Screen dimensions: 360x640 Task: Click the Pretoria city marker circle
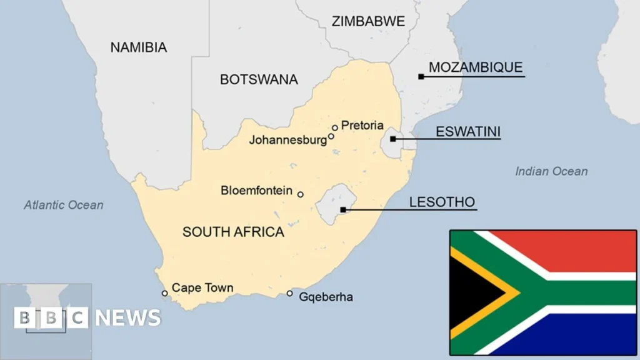[x=335, y=127]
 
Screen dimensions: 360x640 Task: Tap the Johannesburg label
[x=287, y=140]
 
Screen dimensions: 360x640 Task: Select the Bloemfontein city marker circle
[x=300, y=194]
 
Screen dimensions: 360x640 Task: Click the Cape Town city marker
[x=165, y=293]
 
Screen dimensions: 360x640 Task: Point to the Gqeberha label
[x=326, y=297]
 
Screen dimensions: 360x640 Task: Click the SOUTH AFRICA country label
[x=233, y=232]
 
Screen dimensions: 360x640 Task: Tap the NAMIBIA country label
[x=139, y=47]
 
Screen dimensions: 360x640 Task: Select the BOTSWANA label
[x=259, y=80]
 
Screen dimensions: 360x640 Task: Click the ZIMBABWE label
[x=368, y=21]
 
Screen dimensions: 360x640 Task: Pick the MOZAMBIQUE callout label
[x=476, y=67]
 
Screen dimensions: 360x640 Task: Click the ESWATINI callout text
[x=468, y=132]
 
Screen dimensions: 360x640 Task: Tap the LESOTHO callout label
[x=442, y=202]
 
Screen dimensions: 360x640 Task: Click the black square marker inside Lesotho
[x=342, y=209]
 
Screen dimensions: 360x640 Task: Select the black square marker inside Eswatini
[x=392, y=139]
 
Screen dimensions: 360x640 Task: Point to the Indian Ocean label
[x=551, y=171]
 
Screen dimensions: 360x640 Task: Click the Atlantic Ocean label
[x=64, y=205]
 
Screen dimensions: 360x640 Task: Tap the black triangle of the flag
[x=472, y=292]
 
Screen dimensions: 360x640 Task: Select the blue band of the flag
[x=581, y=334]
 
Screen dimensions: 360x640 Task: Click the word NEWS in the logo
[x=129, y=317]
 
